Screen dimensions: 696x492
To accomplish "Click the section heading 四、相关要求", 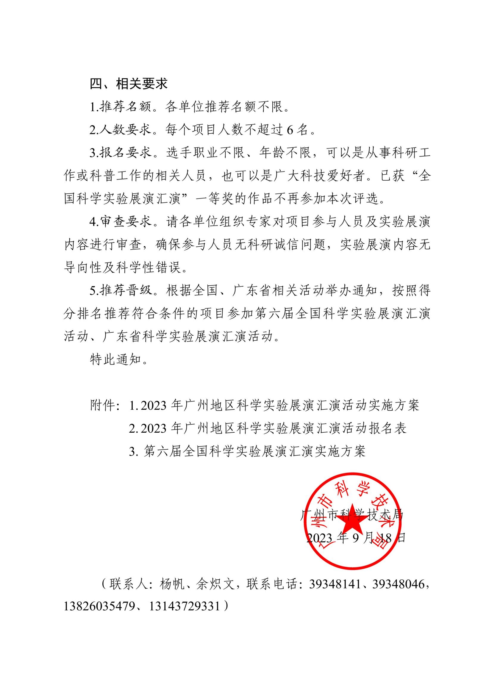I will tap(129, 84).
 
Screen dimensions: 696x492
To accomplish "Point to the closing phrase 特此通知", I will tap(116, 360).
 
